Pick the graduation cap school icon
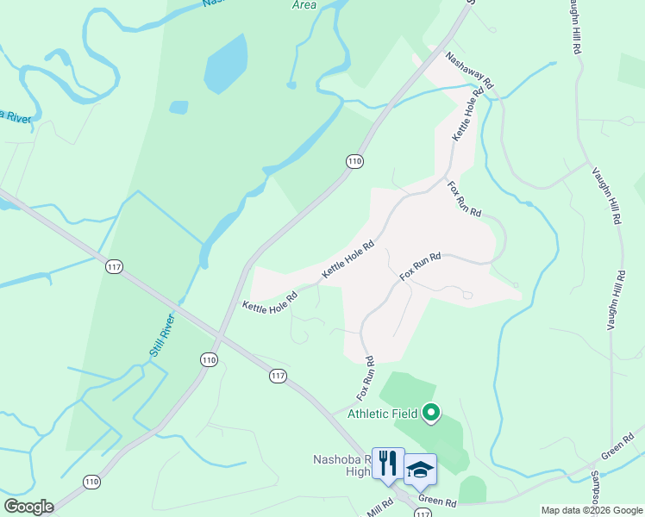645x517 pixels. click(x=420, y=469)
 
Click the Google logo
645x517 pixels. click(x=28, y=507)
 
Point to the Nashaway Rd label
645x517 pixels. click(x=469, y=72)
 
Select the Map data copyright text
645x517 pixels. click(x=592, y=510)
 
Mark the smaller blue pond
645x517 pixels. click(x=178, y=108)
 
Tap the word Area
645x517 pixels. click(x=304, y=5)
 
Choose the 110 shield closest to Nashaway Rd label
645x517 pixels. click(x=354, y=161)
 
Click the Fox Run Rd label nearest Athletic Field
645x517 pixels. click(x=366, y=377)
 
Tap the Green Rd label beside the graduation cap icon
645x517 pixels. click(x=437, y=501)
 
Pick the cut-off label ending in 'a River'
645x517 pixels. click(x=16, y=115)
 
